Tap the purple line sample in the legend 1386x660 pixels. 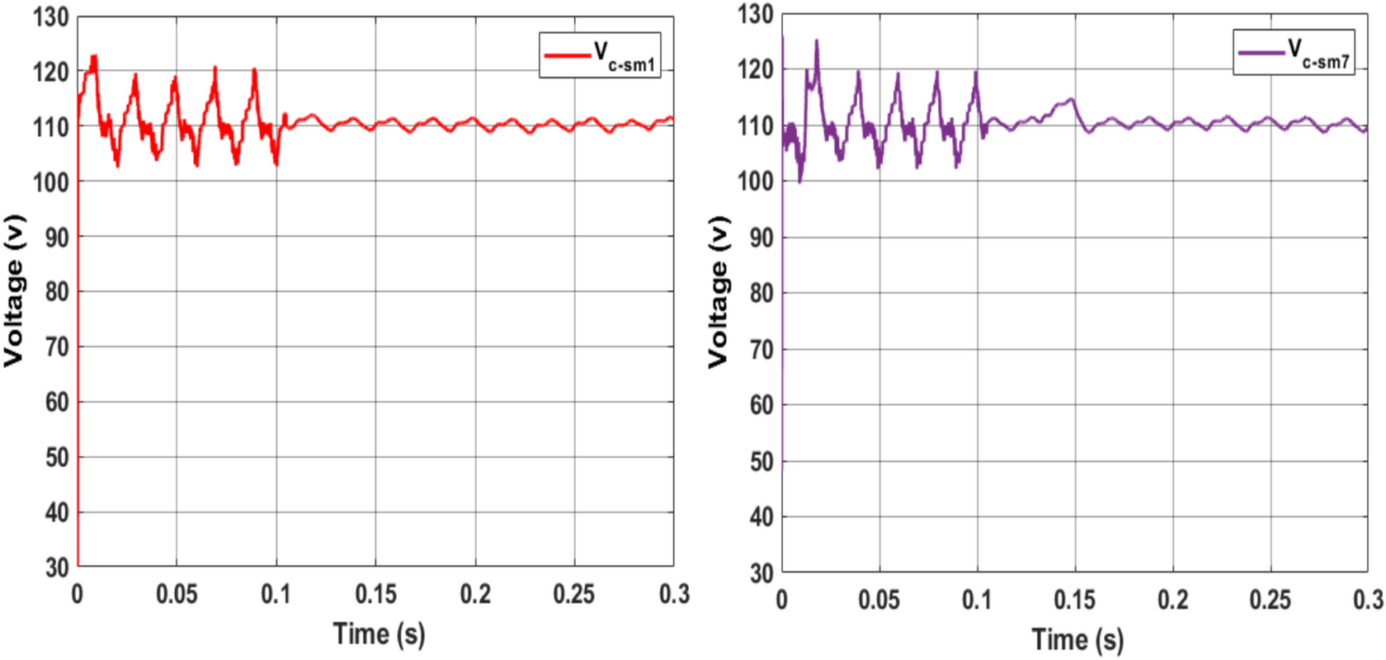tap(1261, 53)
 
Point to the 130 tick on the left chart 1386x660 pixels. tap(51, 17)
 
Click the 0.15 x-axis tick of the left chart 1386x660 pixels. tap(375, 594)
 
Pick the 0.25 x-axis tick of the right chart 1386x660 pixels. tap(1270, 600)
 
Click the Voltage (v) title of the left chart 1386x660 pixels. tap(15, 290)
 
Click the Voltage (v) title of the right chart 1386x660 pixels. tap(719, 292)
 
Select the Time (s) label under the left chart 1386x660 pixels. tap(379, 634)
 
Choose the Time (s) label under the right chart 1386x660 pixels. tap(1077, 639)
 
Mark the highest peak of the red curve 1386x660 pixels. tap(94, 57)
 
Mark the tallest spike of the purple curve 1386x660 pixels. tap(817, 40)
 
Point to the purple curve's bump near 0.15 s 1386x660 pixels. tap(1070, 101)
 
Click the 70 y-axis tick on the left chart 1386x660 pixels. tap(56, 347)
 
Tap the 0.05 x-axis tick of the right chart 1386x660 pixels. tap(879, 600)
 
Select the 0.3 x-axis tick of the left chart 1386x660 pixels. tap(674, 594)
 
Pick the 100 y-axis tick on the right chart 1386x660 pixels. tap(756, 181)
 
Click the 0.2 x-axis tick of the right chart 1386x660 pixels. tap(1172, 600)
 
